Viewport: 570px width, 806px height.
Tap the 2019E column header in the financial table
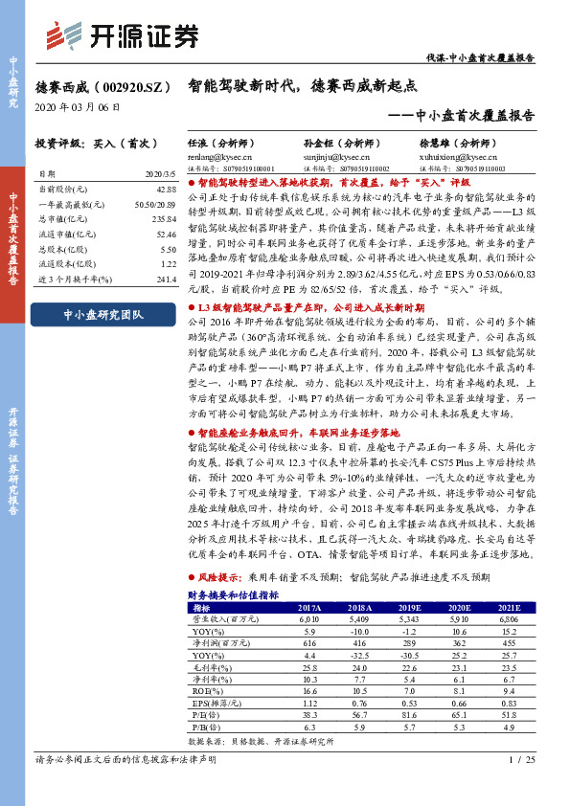[x=411, y=609]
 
